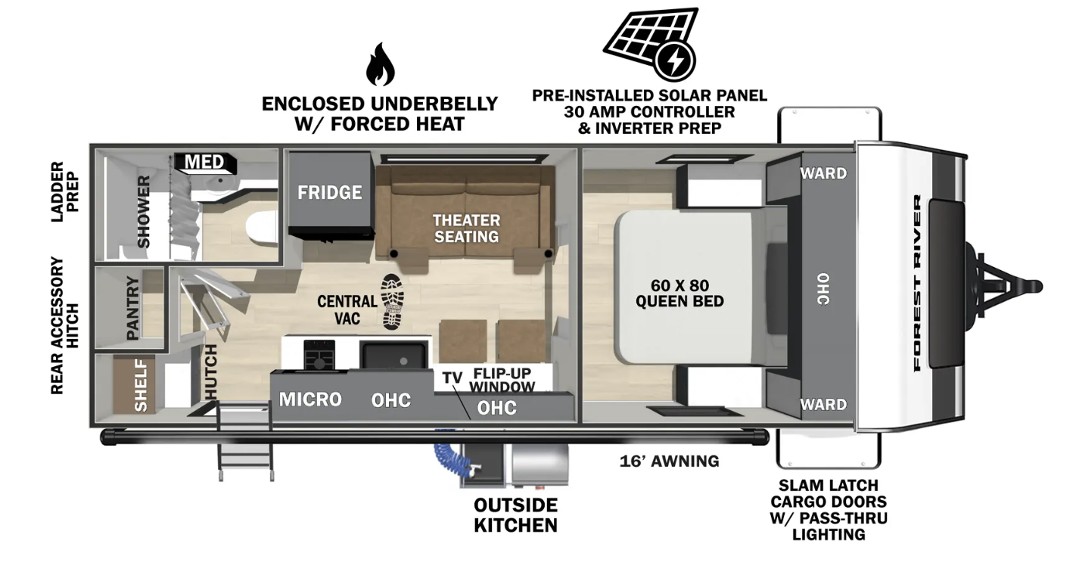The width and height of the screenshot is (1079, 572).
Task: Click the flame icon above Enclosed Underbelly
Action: coord(380,64)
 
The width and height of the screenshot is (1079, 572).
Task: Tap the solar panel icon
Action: coord(651,44)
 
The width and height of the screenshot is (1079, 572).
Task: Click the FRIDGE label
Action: coord(329,193)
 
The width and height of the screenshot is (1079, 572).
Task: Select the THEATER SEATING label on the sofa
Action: coord(466,228)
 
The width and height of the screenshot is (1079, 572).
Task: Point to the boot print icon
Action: coord(391,302)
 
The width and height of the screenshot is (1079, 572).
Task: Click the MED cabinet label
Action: coord(204,162)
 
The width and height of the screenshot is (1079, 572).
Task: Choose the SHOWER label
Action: coord(144,212)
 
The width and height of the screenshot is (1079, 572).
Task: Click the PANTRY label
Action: coord(132,308)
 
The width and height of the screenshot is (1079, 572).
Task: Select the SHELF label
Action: coord(140,386)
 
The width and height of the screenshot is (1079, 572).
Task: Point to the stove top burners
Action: coord(319,355)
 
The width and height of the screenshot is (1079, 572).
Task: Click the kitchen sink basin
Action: coord(393,356)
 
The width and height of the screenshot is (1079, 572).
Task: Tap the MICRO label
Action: coord(310,399)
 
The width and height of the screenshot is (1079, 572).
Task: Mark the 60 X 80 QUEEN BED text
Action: coord(679,294)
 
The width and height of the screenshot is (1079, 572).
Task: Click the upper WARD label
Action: coord(823,173)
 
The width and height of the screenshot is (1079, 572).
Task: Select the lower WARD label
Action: coord(823,405)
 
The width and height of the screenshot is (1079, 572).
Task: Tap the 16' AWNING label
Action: coord(669,462)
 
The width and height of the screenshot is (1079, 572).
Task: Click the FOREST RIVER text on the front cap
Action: coord(917,283)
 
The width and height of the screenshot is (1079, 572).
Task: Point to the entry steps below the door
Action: coord(246,443)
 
